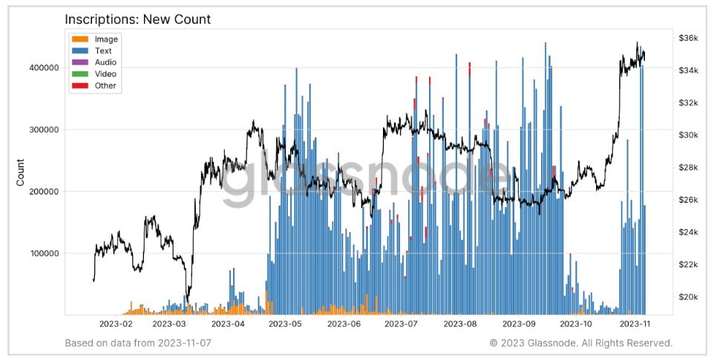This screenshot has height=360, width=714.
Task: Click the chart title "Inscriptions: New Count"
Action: coord(137,19)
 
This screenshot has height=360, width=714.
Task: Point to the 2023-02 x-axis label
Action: coord(117,324)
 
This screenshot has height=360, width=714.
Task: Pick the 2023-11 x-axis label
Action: coord(635,324)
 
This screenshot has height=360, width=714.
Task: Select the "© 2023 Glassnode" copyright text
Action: coord(580,343)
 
